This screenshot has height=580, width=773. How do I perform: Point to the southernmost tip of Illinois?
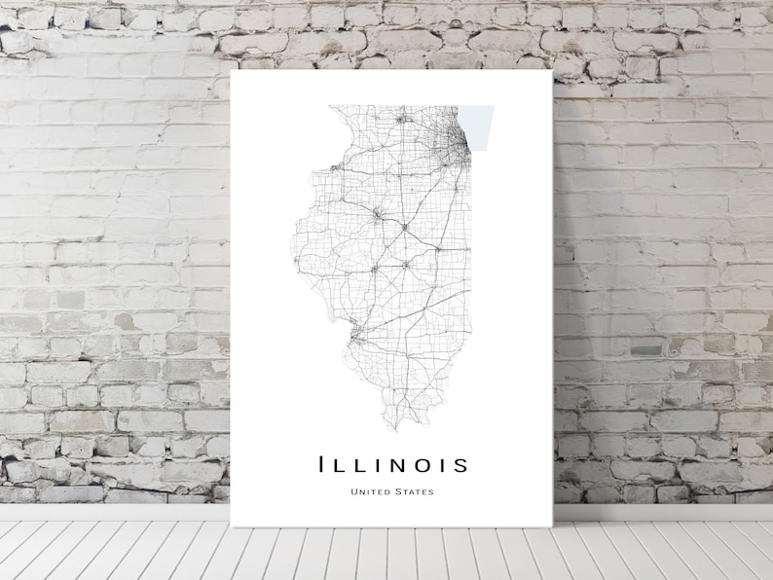pyautogui.click(x=394, y=425)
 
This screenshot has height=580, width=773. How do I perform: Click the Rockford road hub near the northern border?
pyautogui.click(x=399, y=119)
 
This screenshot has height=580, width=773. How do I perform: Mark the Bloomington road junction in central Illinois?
pyautogui.click(x=404, y=227)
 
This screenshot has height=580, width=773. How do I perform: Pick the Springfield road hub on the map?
pyautogui.click(x=374, y=269)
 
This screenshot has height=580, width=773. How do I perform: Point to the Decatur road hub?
pyautogui.click(x=405, y=265)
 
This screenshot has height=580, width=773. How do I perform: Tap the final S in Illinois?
pyautogui.click(x=459, y=465)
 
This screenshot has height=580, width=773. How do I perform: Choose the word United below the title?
pyautogui.click(x=369, y=491)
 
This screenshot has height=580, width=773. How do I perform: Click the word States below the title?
pyautogui.click(x=413, y=491)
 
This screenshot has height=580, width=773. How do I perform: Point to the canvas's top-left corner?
pyautogui.click(x=232, y=71)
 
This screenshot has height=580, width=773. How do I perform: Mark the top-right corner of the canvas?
pyautogui.click(x=552, y=71)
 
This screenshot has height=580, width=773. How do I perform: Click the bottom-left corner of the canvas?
pyautogui.click(x=232, y=526)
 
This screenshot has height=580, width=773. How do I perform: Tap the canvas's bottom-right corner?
pyautogui.click(x=552, y=526)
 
